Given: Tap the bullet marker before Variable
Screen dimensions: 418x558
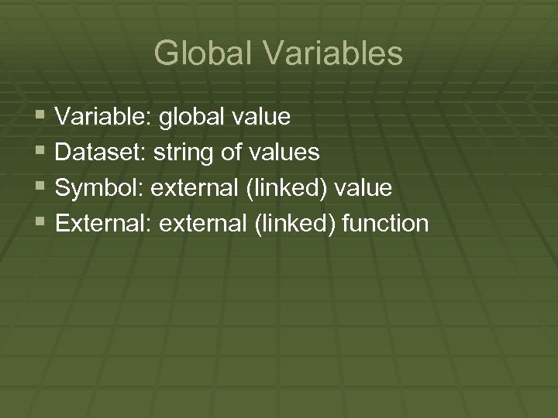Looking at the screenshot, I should pos(40,115).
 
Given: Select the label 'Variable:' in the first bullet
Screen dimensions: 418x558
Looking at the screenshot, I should pos(103,117).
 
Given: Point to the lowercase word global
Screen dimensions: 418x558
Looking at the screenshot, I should pos(191,118).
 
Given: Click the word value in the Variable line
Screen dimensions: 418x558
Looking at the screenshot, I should pos(261,117).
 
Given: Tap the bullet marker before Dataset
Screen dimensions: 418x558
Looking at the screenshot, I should pos(40,151).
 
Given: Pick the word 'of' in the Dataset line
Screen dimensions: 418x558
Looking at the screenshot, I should pos(231,152).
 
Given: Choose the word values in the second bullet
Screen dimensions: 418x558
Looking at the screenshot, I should pos(283,152).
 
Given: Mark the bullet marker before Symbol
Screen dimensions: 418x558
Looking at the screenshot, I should pos(40,187).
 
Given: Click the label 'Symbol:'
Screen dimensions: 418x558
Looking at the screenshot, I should pos(98,189).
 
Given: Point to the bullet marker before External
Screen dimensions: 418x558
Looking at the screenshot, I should pos(40,222).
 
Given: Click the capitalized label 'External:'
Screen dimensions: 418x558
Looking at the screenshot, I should pos(103,224).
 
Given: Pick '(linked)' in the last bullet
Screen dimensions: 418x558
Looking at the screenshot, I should pos(297,224).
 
